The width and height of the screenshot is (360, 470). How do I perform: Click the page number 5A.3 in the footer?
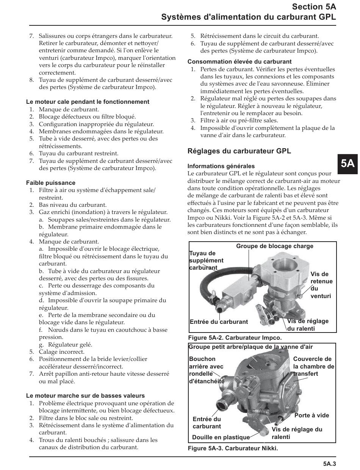[330, 463]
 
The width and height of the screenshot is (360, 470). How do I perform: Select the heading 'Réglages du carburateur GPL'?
[239, 151]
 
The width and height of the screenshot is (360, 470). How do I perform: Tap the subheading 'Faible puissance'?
[51, 183]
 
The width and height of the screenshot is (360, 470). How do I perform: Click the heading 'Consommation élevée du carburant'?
[239, 62]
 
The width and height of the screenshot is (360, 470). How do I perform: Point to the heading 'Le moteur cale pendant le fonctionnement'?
[88, 102]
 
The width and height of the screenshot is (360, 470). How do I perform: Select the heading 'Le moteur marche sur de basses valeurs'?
[85, 396]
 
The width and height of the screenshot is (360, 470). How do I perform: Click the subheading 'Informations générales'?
[221, 166]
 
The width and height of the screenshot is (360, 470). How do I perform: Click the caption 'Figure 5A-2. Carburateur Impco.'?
[235, 337]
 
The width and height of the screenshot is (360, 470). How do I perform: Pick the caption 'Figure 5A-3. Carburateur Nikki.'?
[233, 449]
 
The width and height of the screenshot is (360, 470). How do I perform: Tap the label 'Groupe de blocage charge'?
[275, 246]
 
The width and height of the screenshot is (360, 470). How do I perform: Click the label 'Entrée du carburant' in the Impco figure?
[219, 322]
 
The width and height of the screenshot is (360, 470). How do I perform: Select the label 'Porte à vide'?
[311, 415]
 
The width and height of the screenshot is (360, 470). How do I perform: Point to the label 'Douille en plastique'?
[221, 437]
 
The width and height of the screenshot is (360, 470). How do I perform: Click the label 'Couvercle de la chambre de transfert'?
[313, 366]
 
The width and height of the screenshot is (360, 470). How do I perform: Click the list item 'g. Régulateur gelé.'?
[65, 345]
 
